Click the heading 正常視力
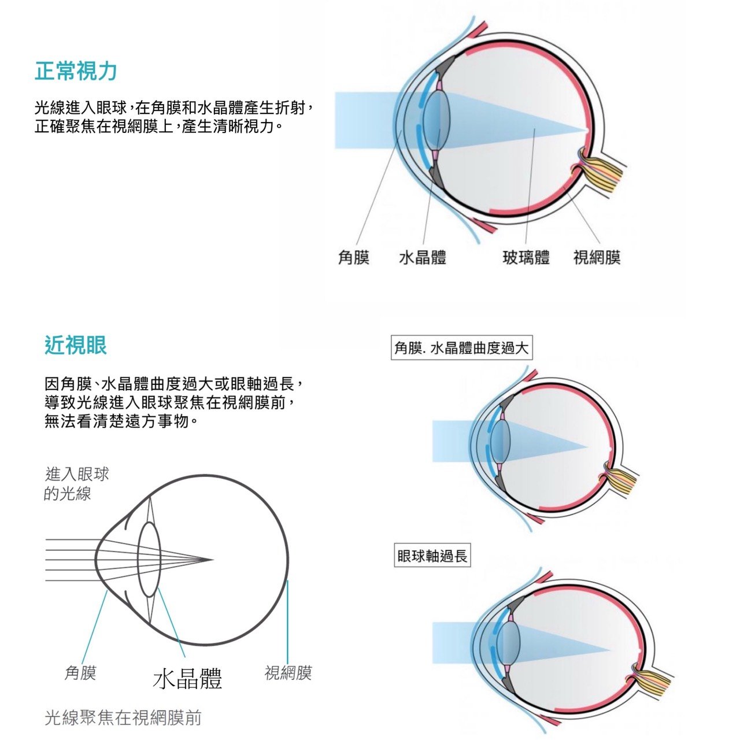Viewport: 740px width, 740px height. (76, 72)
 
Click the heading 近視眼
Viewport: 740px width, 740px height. (76, 345)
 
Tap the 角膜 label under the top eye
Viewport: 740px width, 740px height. (354, 257)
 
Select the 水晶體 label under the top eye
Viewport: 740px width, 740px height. (423, 257)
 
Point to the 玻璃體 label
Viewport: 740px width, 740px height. (526, 257)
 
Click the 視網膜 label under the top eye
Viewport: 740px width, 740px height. (597, 257)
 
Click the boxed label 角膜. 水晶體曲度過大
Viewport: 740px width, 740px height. (461, 348)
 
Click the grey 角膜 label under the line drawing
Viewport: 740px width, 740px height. (80, 673)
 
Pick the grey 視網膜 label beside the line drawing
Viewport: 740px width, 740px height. (288, 673)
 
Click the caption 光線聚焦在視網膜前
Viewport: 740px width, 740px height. (123, 717)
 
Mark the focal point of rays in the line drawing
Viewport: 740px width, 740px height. (212, 560)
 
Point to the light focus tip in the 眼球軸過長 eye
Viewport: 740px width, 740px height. (610, 650)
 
